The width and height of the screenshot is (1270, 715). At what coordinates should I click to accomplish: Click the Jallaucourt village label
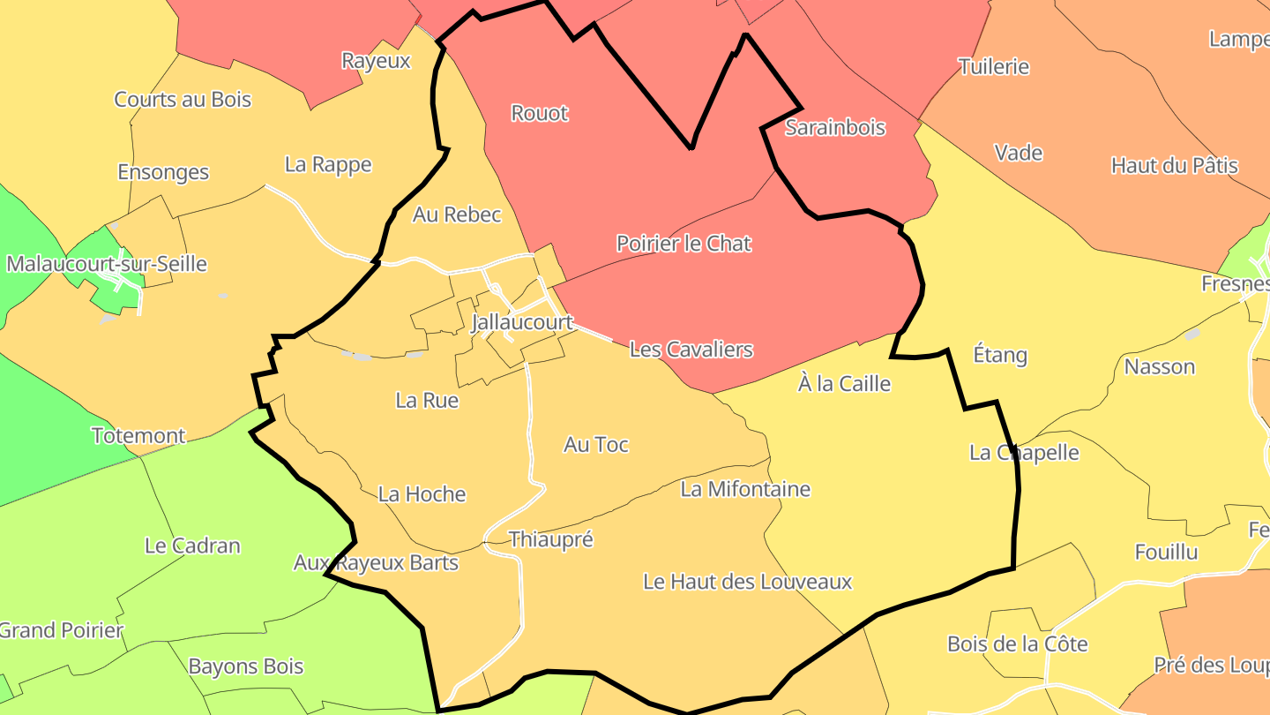(522, 322)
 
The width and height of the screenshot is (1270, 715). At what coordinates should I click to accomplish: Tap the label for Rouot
(540, 113)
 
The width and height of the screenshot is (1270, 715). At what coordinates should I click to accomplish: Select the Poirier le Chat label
(684, 243)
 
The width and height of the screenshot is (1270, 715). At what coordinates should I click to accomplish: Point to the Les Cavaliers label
(691, 350)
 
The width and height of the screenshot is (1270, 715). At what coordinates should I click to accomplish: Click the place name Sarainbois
(835, 127)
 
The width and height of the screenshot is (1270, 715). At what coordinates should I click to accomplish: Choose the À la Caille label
(844, 384)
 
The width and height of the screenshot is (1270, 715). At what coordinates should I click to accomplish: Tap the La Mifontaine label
(745, 489)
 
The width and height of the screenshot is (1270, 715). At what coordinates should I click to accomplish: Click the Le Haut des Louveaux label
(748, 582)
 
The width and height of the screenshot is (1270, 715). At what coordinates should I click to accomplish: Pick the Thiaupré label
(551, 539)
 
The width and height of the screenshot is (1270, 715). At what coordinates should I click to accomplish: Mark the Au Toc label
(596, 445)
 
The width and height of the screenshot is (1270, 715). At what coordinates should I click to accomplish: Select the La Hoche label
(422, 494)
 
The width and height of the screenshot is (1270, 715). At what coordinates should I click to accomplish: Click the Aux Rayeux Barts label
(377, 563)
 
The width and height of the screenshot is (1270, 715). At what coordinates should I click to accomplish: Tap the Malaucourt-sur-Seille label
(107, 264)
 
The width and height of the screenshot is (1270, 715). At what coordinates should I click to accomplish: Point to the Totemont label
(138, 436)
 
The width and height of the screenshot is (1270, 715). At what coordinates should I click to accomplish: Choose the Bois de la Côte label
(1018, 644)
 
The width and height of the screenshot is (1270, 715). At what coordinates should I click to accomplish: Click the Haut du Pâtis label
(1175, 166)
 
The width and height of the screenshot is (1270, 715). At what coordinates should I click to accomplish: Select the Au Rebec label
(457, 214)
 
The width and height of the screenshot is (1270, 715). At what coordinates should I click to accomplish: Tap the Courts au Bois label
(183, 100)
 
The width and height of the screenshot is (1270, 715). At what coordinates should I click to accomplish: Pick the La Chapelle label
(1024, 453)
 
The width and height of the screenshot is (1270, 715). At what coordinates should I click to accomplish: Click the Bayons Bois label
(246, 666)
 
